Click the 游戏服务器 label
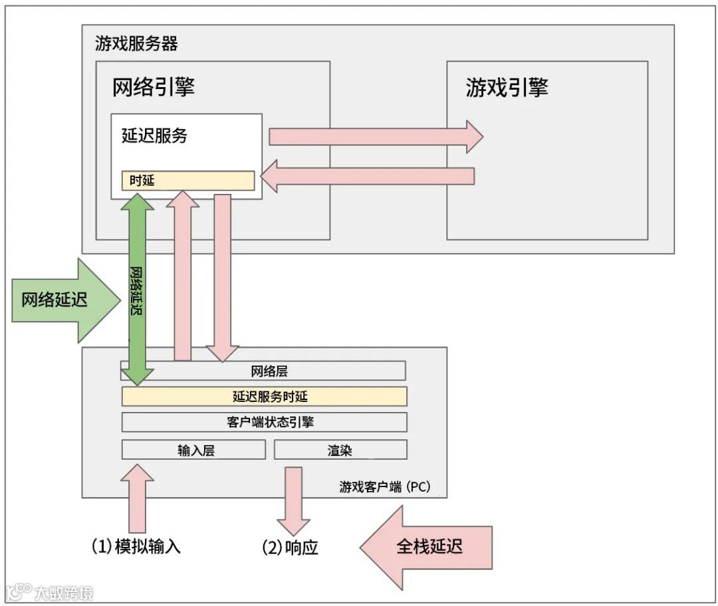coord(136,45)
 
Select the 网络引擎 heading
coord(154,87)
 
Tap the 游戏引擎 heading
coord(507,87)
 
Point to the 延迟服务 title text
coord(154,136)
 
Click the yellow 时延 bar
coord(187,180)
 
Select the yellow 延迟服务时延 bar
coord(264,397)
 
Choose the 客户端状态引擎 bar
coord(264,422)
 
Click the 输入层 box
coord(193,450)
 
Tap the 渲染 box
coord(340,450)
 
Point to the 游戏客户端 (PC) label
coord(384,487)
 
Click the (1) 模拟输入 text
coord(136,547)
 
